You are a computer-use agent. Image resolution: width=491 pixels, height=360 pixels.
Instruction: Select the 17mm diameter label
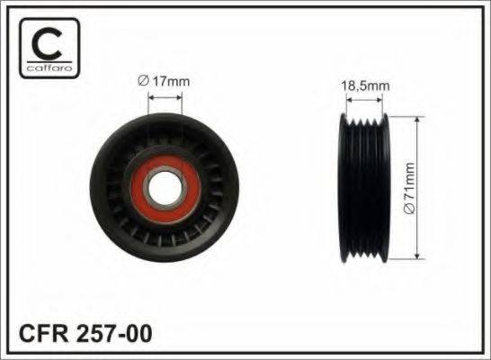(x=165, y=80)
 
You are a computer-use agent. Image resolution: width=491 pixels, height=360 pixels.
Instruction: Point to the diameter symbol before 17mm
(x=144, y=80)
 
